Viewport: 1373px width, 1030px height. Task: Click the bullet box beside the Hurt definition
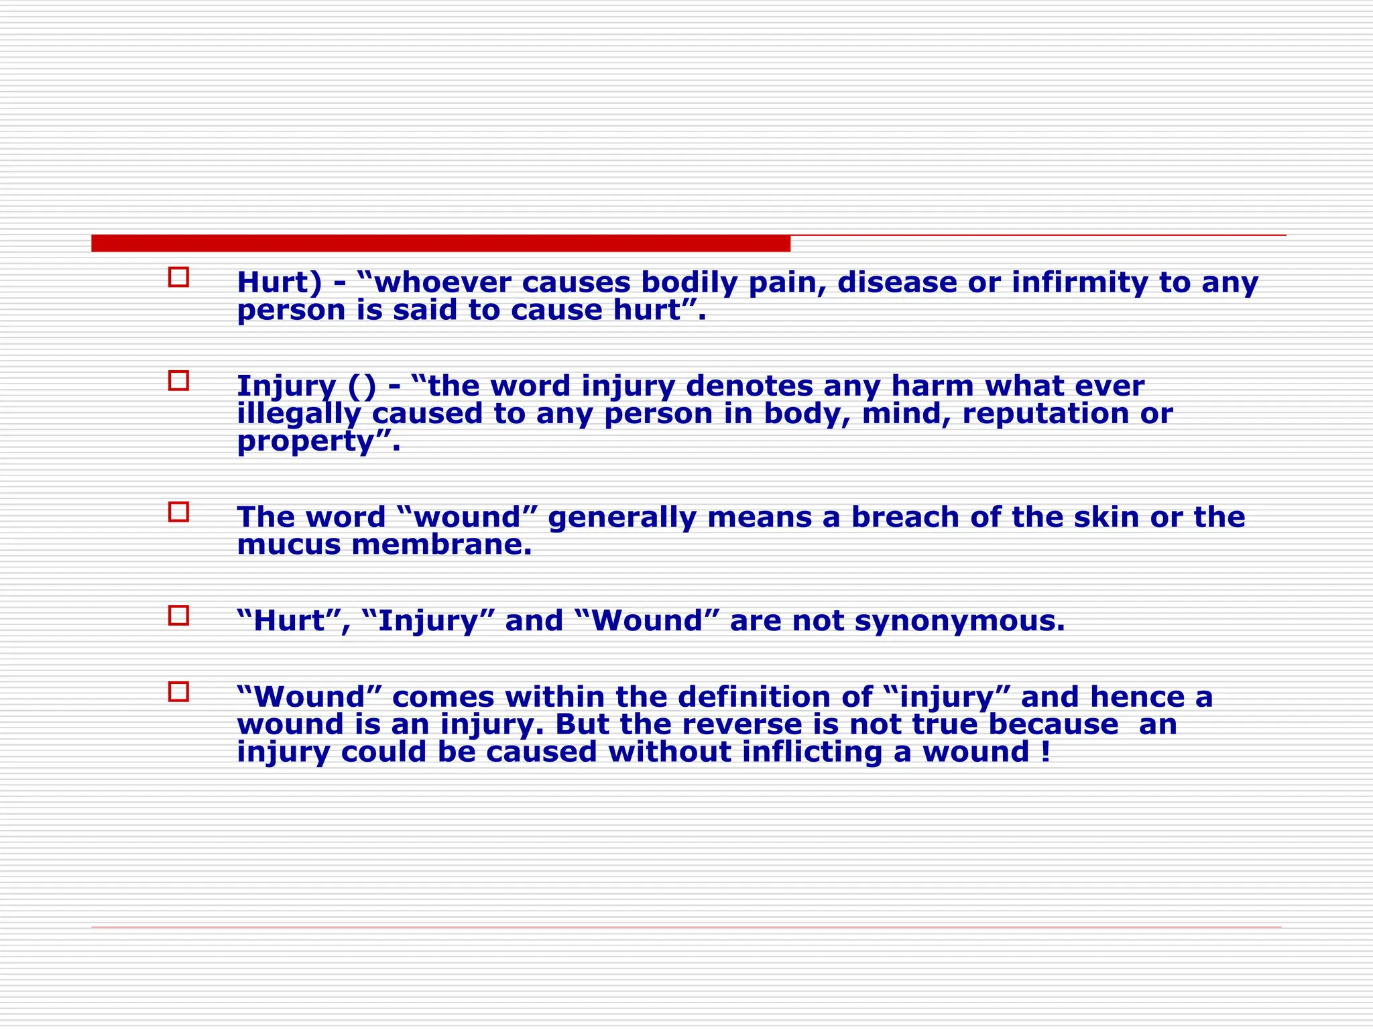click(x=178, y=277)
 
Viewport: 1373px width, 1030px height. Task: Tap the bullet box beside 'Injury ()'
click(x=178, y=381)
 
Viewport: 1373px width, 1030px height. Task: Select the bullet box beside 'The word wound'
click(x=178, y=512)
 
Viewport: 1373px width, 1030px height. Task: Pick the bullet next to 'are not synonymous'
click(x=178, y=615)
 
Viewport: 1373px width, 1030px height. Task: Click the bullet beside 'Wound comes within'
click(x=178, y=691)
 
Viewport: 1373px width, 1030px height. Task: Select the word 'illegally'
click(x=299, y=414)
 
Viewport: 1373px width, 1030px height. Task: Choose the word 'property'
click(x=306, y=442)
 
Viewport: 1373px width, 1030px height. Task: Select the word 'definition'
click(x=775, y=697)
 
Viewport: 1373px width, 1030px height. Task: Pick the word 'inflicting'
click(x=812, y=752)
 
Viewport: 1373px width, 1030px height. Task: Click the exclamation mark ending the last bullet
click(x=1046, y=752)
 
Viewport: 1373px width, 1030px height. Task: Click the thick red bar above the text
click(x=440, y=243)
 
